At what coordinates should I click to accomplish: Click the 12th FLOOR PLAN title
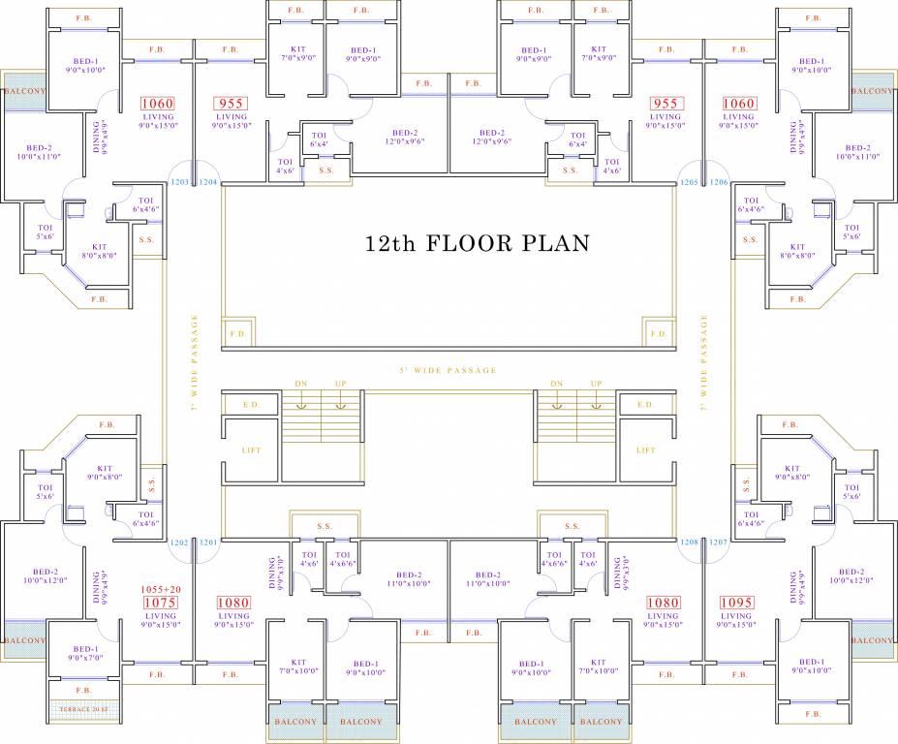(476, 242)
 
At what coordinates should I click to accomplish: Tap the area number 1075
(160, 603)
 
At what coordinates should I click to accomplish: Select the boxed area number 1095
(736, 603)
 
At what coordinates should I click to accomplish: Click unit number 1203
(179, 182)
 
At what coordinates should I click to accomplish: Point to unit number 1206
(718, 182)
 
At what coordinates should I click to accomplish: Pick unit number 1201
(208, 542)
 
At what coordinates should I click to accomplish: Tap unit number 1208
(689, 542)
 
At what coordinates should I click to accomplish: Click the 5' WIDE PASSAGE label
(448, 370)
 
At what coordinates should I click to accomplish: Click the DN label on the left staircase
(301, 384)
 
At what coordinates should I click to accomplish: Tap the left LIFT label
(252, 450)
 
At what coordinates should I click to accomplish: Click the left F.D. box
(238, 332)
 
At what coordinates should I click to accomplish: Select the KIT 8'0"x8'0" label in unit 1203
(100, 252)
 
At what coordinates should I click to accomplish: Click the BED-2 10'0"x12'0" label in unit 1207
(851, 575)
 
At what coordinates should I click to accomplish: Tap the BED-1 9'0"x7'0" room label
(86, 653)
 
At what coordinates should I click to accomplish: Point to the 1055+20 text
(161, 588)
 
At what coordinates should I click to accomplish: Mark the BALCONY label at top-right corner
(872, 91)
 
